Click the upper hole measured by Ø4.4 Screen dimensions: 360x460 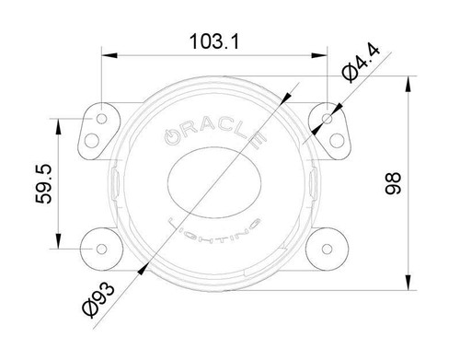(328, 118)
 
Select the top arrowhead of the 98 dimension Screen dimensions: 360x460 (407, 85)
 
